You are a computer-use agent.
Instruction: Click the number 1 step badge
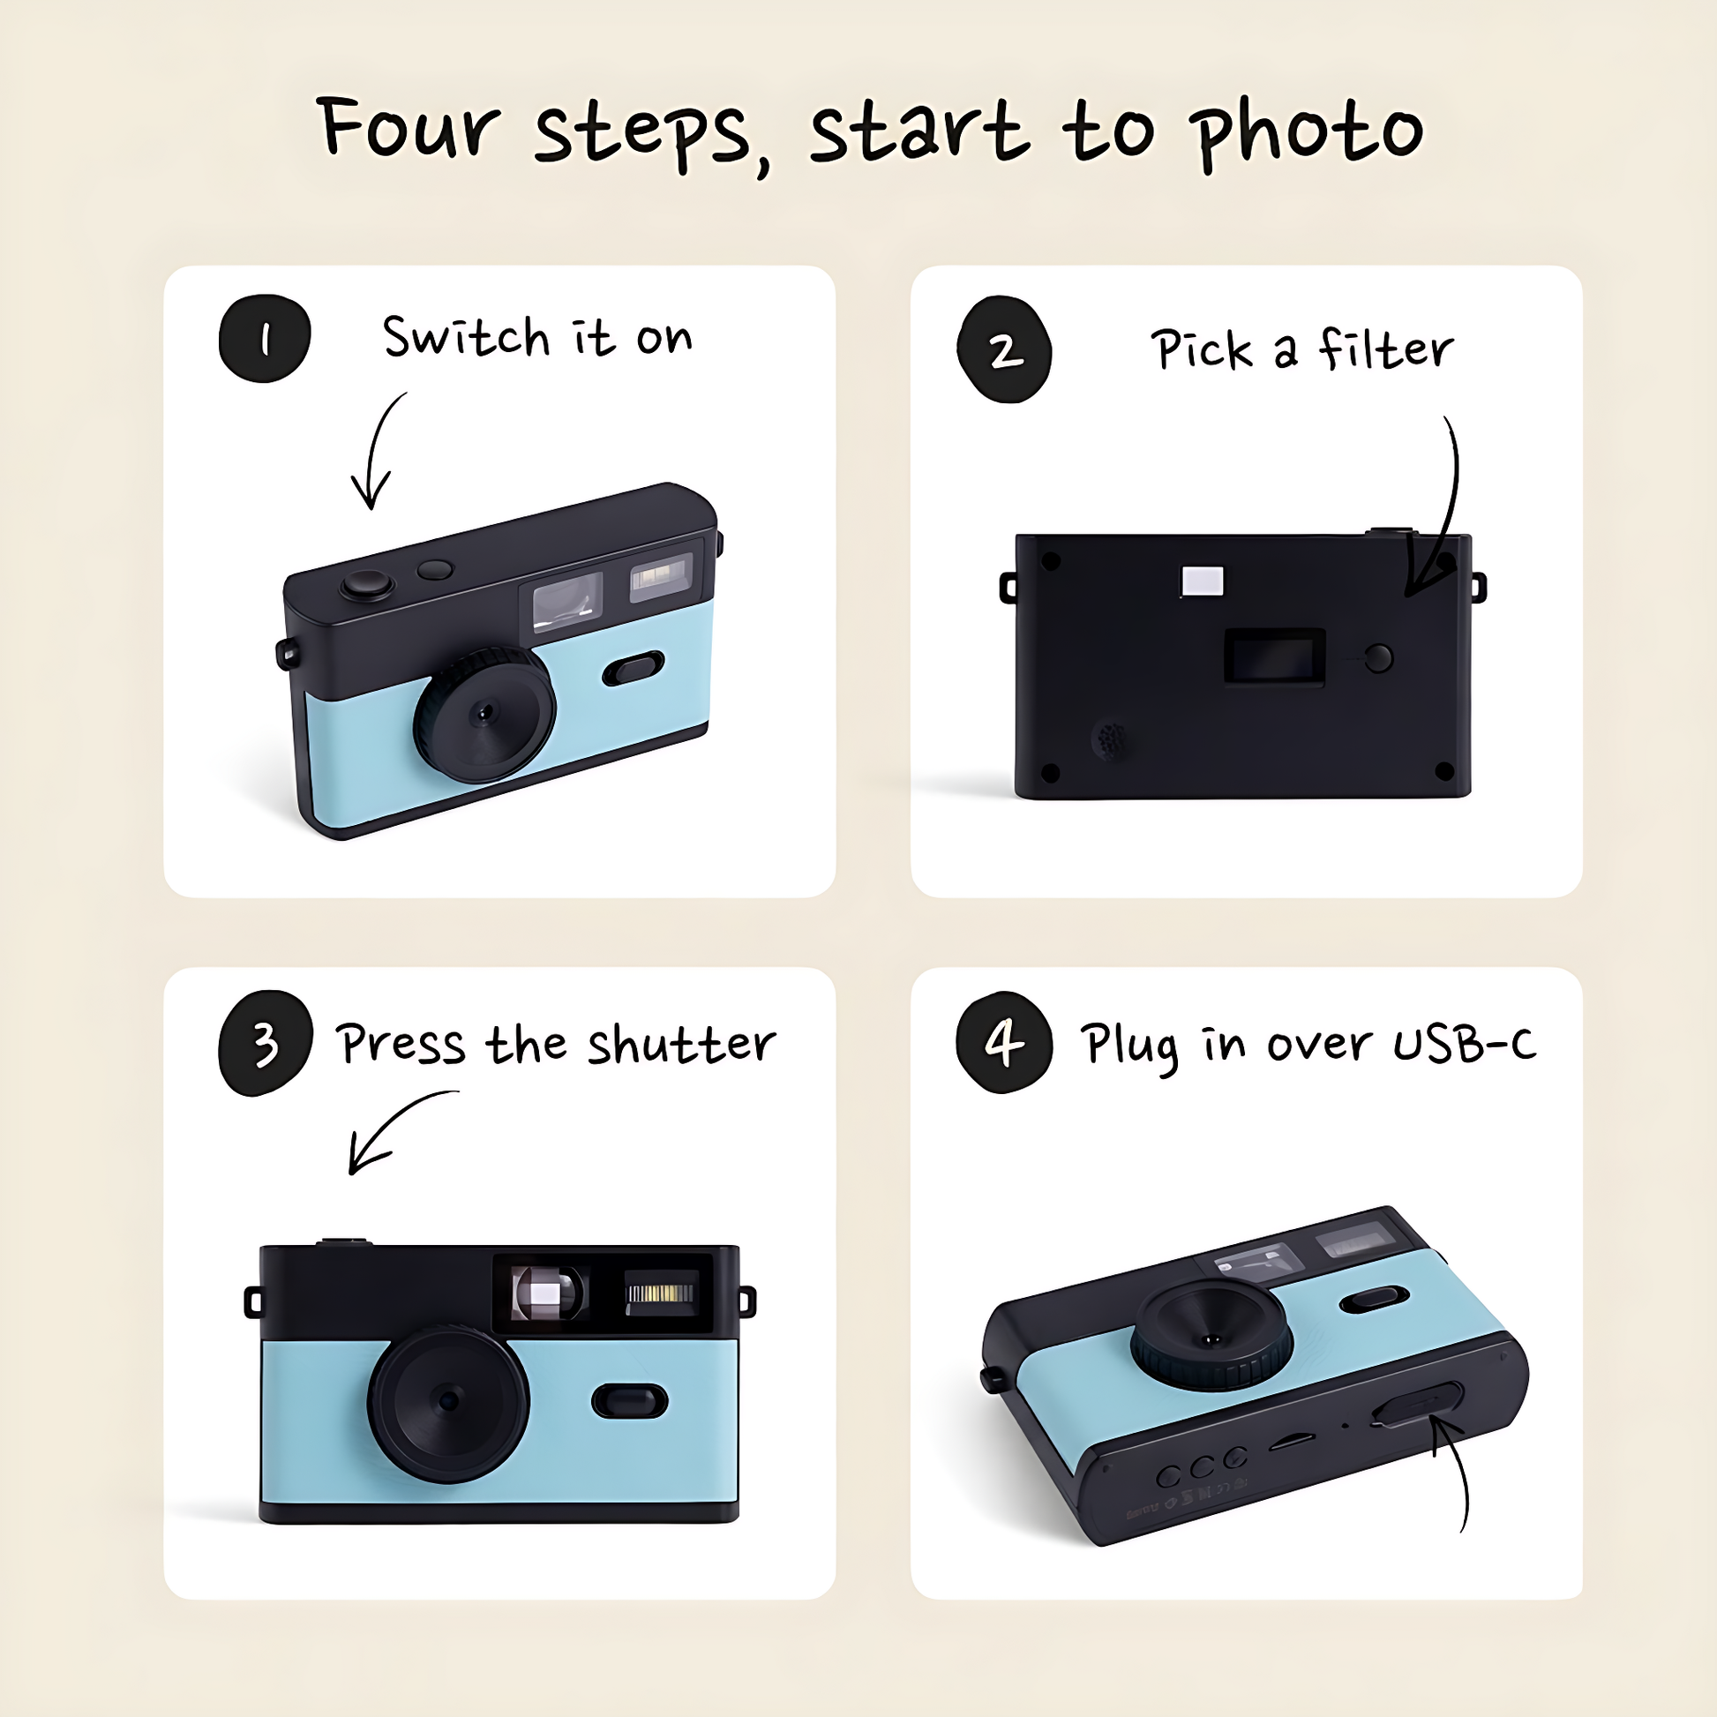pyautogui.click(x=264, y=339)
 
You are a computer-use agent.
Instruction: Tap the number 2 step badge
pyautogui.click(x=1004, y=349)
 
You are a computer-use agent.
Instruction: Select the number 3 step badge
pyautogui.click(x=265, y=1044)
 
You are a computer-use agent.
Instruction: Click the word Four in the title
pyautogui.click(x=408, y=128)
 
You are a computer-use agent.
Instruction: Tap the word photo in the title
pyautogui.click(x=1310, y=133)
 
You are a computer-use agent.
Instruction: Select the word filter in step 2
pyautogui.click(x=1385, y=349)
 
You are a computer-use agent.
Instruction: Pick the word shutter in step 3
pyautogui.click(x=681, y=1045)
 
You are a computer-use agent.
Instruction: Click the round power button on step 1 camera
pyautogui.click(x=367, y=585)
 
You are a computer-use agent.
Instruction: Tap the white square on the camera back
pyautogui.click(x=1203, y=581)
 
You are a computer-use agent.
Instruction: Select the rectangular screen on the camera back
pyautogui.click(x=1274, y=656)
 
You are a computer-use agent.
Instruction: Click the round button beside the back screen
pyautogui.click(x=1378, y=657)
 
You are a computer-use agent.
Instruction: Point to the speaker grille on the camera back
pyautogui.click(x=1112, y=739)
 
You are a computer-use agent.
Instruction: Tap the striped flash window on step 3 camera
pyautogui.click(x=661, y=1292)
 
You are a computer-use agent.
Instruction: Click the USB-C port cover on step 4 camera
pyautogui.click(x=1418, y=1404)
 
